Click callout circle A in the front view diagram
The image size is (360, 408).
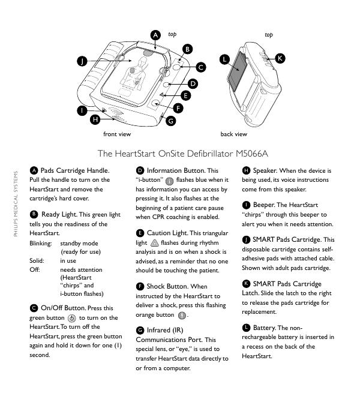point(154,35)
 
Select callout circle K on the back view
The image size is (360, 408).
point(280,58)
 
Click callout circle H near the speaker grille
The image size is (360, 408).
point(95,120)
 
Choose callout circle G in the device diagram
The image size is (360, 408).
point(171,121)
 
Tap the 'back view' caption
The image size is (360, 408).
point(233,134)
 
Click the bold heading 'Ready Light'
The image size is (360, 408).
point(59,214)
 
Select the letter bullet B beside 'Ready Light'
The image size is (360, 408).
point(34,214)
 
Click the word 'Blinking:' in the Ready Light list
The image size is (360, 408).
point(41,243)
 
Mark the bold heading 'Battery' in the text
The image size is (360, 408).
point(264,327)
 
